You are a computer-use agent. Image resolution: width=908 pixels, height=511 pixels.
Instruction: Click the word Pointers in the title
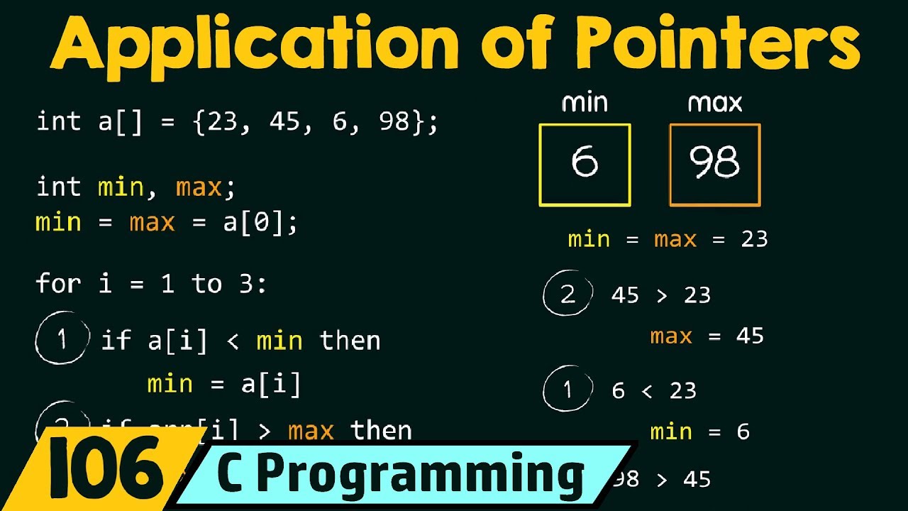pos(717,44)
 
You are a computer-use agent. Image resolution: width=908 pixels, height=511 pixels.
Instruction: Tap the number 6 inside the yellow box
pos(585,163)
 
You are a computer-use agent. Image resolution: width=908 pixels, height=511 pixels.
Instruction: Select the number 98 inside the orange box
pos(714,163)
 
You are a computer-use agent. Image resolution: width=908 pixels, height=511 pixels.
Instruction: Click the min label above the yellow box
pos(585,104)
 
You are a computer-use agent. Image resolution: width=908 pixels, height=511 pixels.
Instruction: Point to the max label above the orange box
pos(714,104)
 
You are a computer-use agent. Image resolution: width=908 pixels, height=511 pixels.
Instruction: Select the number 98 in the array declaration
pos(394,122)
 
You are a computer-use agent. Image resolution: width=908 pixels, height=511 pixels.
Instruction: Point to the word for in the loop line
pos(58,284)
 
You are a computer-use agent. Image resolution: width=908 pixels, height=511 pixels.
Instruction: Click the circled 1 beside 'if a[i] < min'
pos(62,340)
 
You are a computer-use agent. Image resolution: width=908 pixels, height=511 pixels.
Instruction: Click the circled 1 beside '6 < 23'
pos(567,390)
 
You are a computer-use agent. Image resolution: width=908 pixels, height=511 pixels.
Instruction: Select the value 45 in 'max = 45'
pos(750,336)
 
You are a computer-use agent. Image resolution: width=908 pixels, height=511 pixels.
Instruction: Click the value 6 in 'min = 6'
pos(743,432)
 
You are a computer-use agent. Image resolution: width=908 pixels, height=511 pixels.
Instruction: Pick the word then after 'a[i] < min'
pos(350,341)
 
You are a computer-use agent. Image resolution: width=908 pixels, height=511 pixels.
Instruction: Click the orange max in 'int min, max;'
pos(198,187)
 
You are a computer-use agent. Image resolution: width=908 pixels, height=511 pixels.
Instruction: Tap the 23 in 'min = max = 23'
pos(754,239)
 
